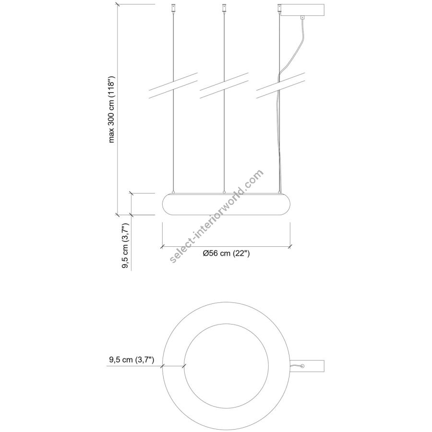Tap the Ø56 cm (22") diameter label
[x=226, y=253]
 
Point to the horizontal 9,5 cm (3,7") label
[x=132, y=360]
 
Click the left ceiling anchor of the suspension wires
[x=173, y=8]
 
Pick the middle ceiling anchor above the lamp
[x=224, y=8]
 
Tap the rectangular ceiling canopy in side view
[x=302, y=10]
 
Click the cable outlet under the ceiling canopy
[x=302, y=17]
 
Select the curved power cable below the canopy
[x=292, y=52]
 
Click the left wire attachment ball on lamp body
[x=173, y=192]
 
